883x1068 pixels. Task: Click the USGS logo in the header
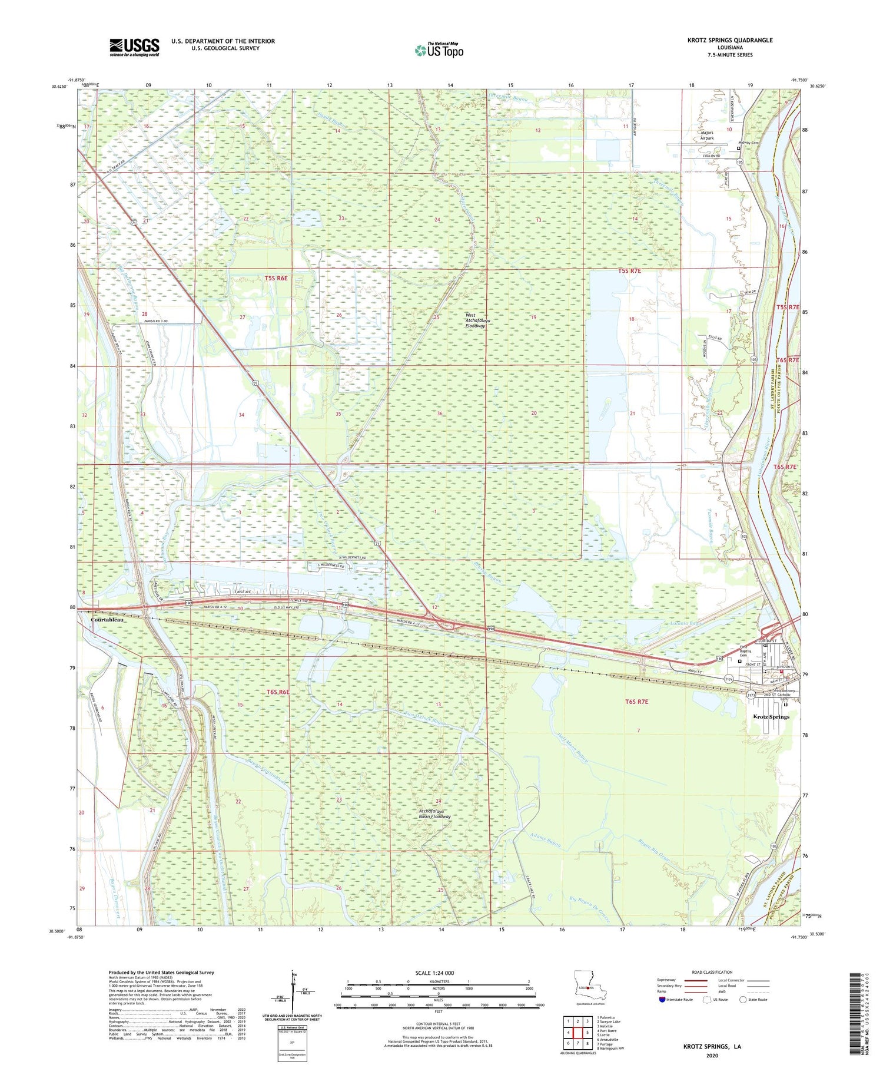(134, 47)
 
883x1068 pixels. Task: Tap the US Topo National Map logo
(439, 50)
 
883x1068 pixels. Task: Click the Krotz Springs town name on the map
(771, 717)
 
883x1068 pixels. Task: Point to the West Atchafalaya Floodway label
(483, 320)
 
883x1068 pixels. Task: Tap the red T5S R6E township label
(276, 277)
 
